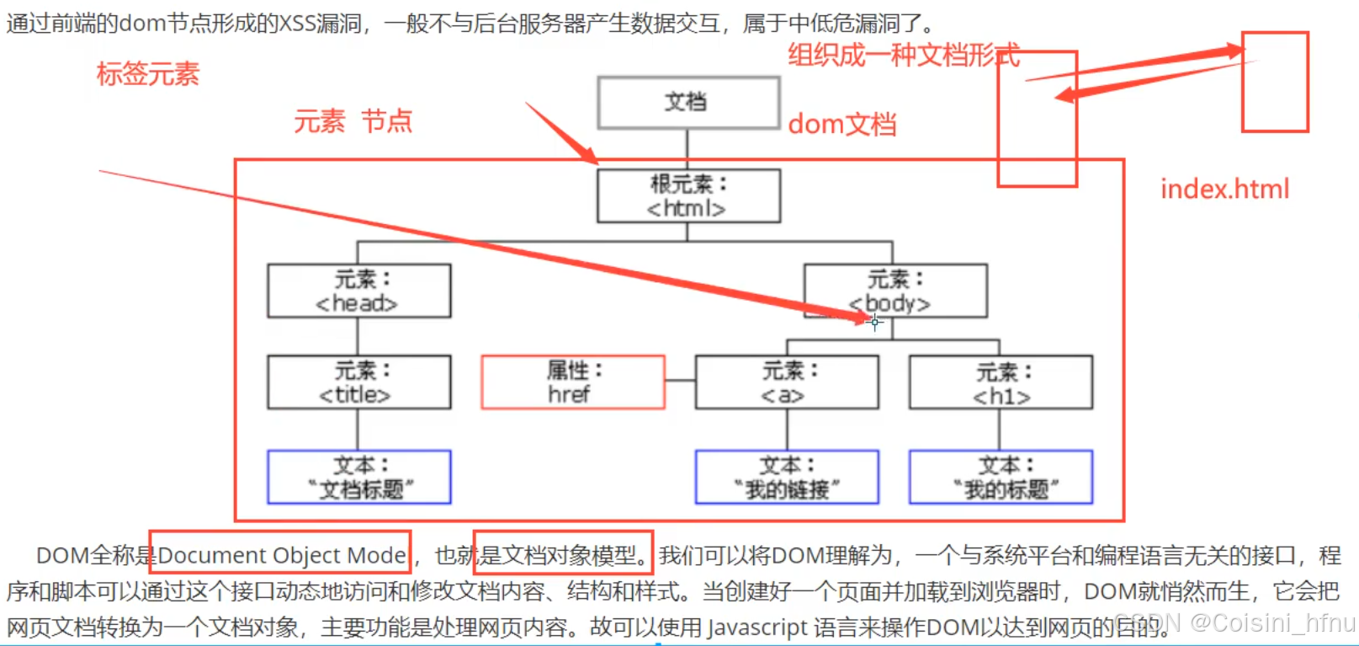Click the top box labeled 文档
[688, 103]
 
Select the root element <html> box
[688, 196]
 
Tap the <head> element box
[358, 291]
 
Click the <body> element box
[895, 291]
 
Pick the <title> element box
[358, 382]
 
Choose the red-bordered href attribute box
[572, 382]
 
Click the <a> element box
[786, 382]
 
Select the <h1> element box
[1001, 383]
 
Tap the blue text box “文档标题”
[358, 477]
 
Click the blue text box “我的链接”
[786, 477]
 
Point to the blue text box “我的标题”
[1001, 477]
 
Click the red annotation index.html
[1224, 189]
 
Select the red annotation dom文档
[841, 125]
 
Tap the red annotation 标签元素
[148, 74]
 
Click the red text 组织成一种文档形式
[903, 56]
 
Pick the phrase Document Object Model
[282, 555]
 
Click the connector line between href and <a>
[680, 382]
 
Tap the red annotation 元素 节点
[353, 121]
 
